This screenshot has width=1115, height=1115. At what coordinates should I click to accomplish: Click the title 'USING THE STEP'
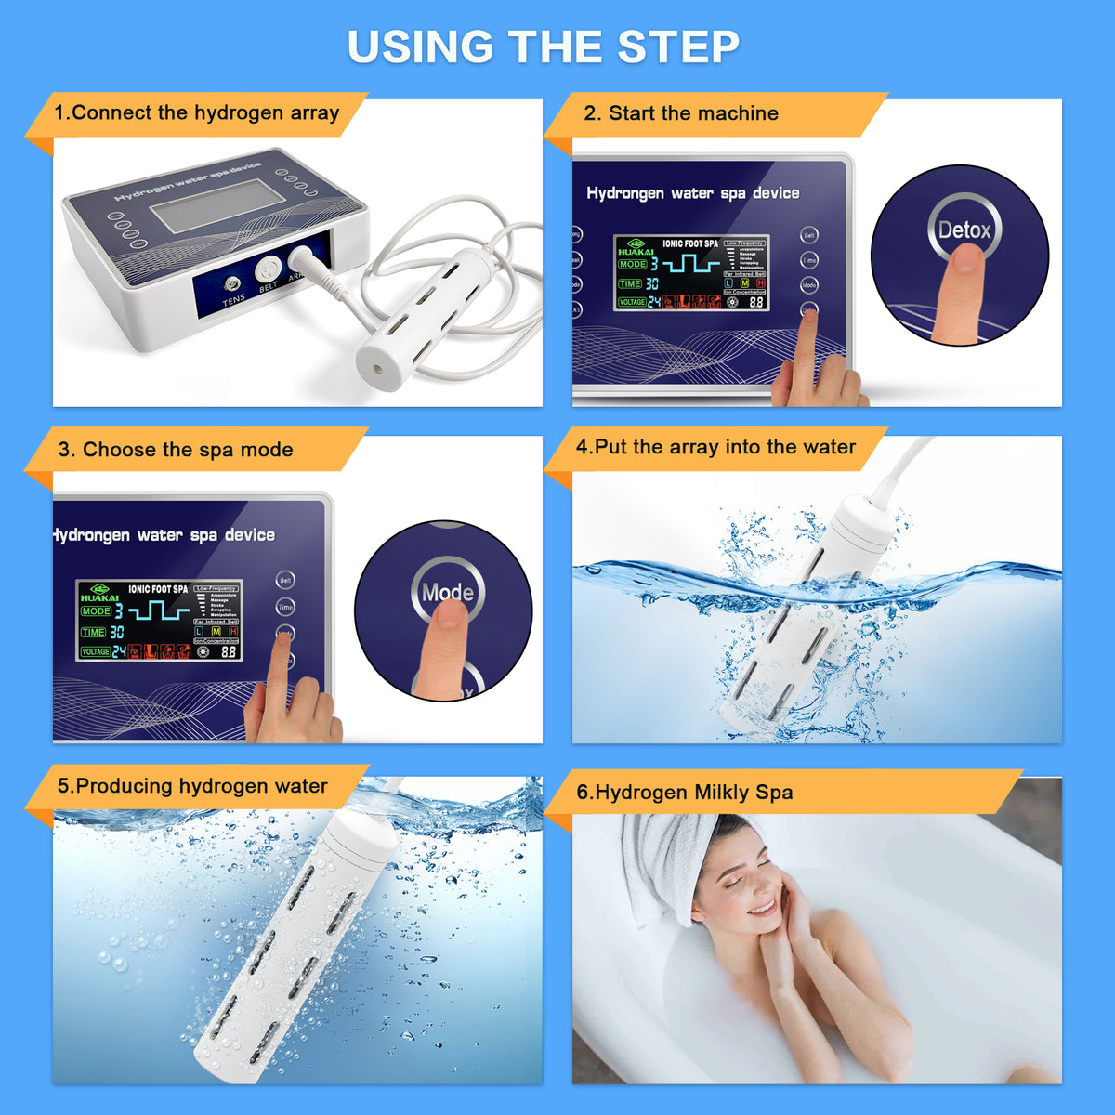[x=544, y=46]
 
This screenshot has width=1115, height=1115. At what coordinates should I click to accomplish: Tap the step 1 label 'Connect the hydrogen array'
[x=196, y=113]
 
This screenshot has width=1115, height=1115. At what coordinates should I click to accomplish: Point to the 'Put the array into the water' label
[x=715, y=447]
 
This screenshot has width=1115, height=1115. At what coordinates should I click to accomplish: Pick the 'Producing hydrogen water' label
[x=192, y=786]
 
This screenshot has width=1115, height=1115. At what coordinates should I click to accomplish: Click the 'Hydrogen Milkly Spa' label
[x=685, y=793]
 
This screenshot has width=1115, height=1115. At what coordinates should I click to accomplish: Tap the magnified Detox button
[x=964, y=229]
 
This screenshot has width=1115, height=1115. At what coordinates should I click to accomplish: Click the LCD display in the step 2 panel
[x=691, y=272]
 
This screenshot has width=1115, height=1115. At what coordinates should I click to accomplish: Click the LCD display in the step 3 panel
[x=159, y=621]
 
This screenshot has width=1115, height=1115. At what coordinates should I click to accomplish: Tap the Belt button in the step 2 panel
[x=809, y=235]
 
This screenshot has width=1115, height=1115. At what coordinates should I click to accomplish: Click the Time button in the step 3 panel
[x=285, y=607]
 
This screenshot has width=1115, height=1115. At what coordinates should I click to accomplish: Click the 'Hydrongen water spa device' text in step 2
[x=692, y=193]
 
